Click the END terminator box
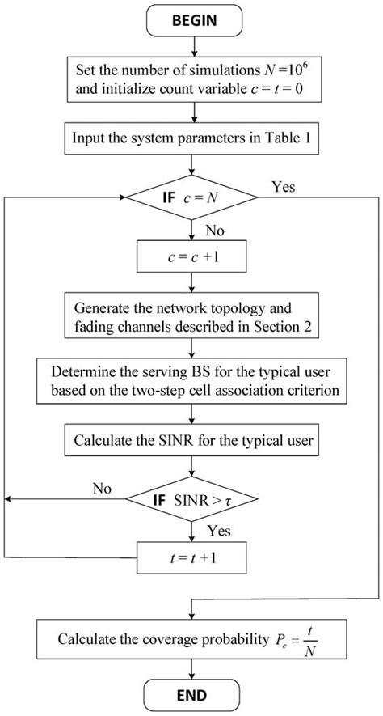(191, 694)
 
